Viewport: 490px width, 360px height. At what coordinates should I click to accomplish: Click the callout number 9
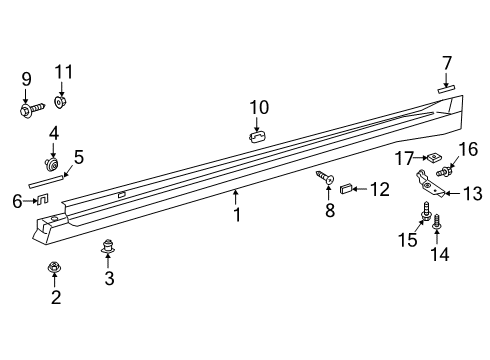coord(26,78)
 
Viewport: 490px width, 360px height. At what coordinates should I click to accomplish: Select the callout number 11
coord(64,71)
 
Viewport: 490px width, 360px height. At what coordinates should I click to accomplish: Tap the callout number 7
coord(447,64)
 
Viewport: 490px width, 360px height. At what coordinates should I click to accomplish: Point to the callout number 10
coord(259,107)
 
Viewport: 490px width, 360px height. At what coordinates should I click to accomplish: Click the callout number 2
coord(56,297)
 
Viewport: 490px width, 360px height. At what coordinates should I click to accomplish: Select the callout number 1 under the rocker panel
coord(237,213)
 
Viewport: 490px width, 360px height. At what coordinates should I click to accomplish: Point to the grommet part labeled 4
coord(52,161)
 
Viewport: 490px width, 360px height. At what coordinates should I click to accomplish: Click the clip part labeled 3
coord(109,246)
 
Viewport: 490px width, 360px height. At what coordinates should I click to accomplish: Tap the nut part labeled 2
coord(56,267)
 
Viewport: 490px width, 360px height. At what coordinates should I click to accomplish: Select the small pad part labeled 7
coord(447,88)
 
